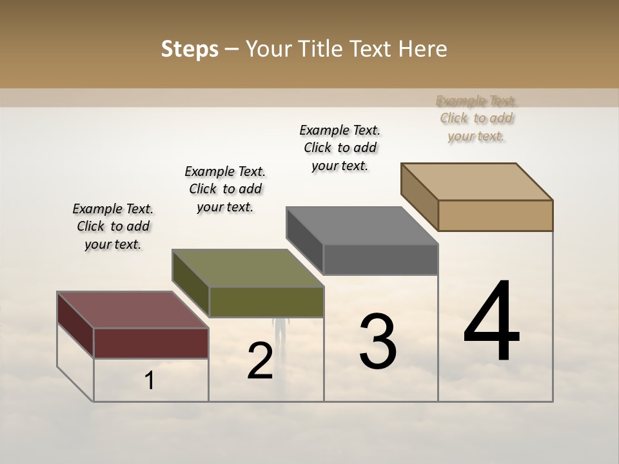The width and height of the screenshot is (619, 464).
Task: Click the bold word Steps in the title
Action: click(x=190, y=49)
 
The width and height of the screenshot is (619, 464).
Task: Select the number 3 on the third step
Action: click(x=378, y=342)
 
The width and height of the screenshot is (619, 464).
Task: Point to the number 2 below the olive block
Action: click(x=260, y=361)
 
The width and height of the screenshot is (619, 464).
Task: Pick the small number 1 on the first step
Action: click(x=150, y=381)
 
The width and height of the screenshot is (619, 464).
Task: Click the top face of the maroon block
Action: click(x=132, y=310)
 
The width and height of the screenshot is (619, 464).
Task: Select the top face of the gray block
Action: click(x=362, y=226)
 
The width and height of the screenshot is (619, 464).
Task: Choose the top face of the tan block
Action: click(x=477, y=182)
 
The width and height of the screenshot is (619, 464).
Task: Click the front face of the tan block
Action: click(x=495, y=215)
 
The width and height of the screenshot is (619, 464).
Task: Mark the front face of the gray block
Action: click(x=380, y=259)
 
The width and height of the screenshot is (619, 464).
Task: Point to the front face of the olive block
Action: click(x=266, y=302)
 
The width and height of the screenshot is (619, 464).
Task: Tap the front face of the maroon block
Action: click(x=151, y=343)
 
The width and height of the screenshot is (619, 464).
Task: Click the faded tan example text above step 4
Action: click(x=477, y=118)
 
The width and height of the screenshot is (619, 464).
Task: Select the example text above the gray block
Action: click(x=340, y=148)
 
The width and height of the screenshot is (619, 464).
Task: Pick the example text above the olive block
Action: click(x=225, y=189)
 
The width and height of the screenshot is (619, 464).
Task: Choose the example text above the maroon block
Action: click(x=113, y=226)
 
